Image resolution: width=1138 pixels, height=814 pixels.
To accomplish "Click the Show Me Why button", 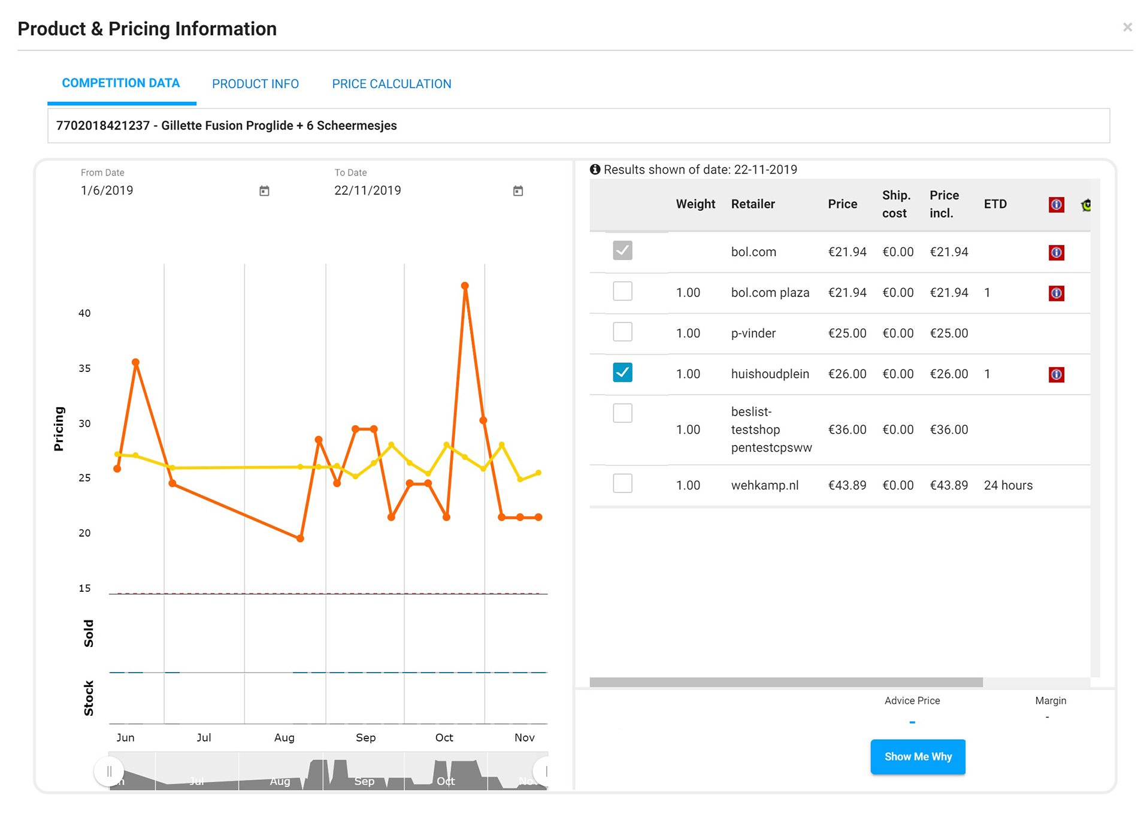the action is point(918,756).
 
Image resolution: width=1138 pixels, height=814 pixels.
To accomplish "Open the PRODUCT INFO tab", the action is point(255,84).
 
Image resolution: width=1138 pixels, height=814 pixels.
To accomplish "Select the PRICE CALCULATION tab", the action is point(392,84).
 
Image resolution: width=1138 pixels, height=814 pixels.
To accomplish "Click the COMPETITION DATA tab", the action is point(121,83).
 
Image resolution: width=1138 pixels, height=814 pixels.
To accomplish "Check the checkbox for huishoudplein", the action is point(622,373).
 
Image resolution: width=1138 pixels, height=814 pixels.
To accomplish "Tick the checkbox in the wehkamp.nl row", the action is point(622,483).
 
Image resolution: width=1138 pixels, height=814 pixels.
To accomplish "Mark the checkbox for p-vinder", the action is point(622,332).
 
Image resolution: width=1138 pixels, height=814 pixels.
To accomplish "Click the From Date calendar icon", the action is point(264,190).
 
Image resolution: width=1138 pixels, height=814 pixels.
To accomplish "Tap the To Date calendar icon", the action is point(518,190).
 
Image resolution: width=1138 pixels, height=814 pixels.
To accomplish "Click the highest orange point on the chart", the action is point(465,286).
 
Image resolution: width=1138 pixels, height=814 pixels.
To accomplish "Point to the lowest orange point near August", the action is point(300,538).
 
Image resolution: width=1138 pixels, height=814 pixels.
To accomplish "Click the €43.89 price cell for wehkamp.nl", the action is point(847,485).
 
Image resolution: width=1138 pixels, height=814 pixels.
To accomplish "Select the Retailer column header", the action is point(753,204).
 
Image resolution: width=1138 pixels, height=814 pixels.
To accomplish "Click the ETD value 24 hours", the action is point(1008,485).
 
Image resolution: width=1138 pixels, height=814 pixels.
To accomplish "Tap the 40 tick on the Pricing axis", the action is point(84,313).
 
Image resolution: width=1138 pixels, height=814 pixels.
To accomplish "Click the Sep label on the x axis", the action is point(365,737).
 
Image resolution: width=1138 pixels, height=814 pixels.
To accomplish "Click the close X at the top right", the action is point(1127,27).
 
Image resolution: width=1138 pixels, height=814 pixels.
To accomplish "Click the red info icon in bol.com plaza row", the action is point(1056,293).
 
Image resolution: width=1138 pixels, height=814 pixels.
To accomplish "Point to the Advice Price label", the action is point(912,701).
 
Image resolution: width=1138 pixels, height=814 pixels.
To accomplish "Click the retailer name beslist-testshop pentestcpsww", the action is point(771,429).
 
